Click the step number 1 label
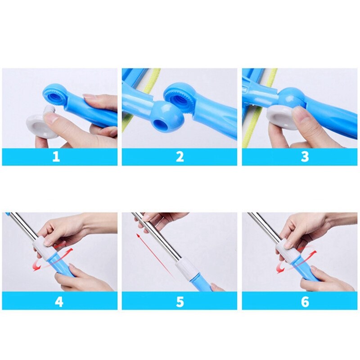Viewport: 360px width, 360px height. [56, 157]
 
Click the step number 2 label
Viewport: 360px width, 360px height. [180, 157]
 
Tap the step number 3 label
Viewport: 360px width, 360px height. [305, 157]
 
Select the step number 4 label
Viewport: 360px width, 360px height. [59, 301]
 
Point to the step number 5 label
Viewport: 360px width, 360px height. [180, 301]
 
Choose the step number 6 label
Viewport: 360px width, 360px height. [305, 301]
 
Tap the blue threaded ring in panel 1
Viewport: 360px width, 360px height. [56, 94]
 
